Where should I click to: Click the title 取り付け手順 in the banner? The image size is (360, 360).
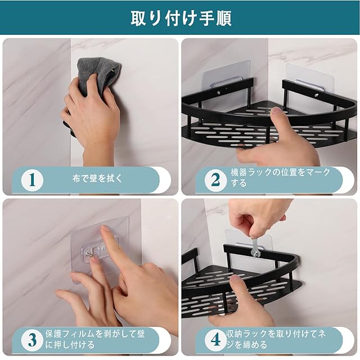tap(181, 18)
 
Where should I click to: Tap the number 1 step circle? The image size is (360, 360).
tap(32, 180)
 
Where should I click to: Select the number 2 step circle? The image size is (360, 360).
tap(215, 180)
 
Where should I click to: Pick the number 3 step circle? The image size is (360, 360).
tap(32, 340)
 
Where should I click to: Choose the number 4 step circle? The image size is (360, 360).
tap(215, 340)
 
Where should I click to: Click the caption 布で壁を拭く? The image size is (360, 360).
tap(97, 178)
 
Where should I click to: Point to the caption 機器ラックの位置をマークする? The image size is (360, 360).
tap(280, 178)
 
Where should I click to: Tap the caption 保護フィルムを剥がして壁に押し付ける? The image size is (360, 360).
tap(94, 339)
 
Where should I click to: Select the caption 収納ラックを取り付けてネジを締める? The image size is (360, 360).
tap(276, 339)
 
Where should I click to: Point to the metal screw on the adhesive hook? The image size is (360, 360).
tap(89, 254)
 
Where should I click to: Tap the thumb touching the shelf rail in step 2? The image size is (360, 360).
tap(278, 119)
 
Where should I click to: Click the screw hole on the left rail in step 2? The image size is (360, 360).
tap(218, 92)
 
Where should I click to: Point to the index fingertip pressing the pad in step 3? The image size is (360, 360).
tap(105, 229)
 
